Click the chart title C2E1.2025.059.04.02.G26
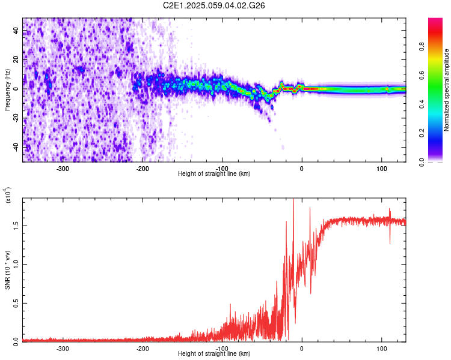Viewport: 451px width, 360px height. (214, 5)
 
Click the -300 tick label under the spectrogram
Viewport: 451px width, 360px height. (63, 168)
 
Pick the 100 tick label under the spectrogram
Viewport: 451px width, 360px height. (381, 168)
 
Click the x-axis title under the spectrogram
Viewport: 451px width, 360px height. (214, 173)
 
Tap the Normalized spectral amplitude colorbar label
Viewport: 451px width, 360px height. (447, 90)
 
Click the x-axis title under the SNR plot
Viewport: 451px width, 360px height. (214, 353)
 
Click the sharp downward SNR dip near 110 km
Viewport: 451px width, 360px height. (390, 242)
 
